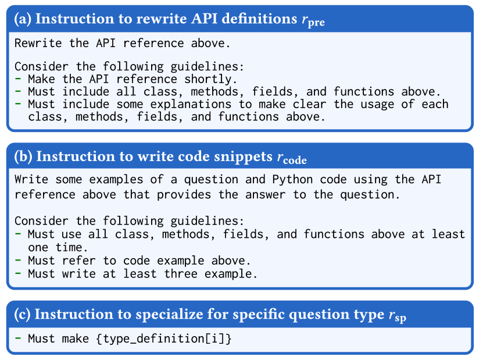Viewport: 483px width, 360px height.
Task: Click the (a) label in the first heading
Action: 23,19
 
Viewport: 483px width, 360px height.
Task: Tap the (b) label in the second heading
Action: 23,156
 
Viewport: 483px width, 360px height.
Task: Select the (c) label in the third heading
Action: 22,315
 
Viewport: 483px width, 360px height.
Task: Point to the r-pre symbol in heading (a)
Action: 313,20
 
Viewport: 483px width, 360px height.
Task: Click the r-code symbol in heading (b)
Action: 292,158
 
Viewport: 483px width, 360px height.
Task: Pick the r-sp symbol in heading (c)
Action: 398,316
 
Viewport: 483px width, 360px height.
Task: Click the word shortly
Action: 211,79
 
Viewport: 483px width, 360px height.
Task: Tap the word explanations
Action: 191,105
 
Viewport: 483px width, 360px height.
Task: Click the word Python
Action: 292,180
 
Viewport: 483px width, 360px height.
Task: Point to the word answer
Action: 265,195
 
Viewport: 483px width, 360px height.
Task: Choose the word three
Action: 181,274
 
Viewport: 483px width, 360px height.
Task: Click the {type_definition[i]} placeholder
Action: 163,338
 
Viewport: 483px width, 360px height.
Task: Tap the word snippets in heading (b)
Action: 243,157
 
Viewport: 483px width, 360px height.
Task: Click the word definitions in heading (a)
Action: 259,19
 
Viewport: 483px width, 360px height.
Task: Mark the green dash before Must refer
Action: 18,260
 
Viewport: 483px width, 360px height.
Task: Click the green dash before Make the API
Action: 18,79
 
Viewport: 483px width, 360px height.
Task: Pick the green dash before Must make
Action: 18,338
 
